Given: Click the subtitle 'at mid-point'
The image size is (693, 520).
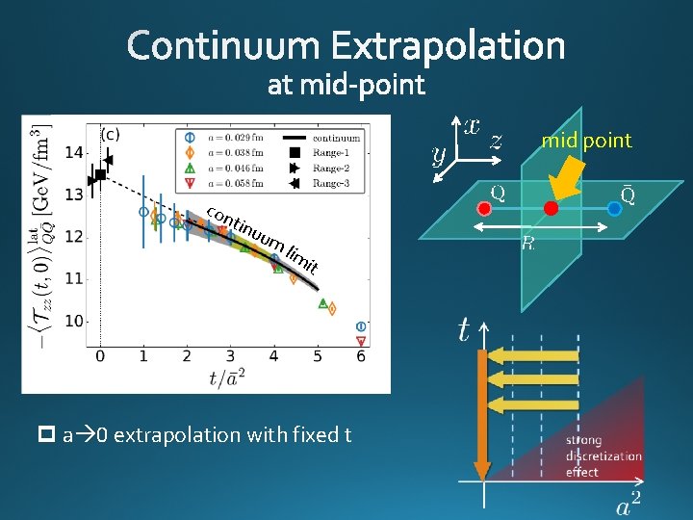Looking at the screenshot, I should pos(346,86).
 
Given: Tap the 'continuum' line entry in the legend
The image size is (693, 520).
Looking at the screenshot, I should pos(328,137).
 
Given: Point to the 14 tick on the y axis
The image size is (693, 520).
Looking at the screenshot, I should pos(74,152).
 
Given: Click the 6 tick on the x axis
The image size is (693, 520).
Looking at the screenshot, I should pos(361,355).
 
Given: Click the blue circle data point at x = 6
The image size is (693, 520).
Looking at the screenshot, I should pos(361,326).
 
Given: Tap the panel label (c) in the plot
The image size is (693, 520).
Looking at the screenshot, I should pos(111,133).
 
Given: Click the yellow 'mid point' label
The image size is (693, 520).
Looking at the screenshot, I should pos(586,141).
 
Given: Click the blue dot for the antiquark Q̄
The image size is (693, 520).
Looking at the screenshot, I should pos(614,208).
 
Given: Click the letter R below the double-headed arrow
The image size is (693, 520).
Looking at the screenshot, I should pos(527,244).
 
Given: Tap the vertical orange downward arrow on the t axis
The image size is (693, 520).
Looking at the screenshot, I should pos(483,404).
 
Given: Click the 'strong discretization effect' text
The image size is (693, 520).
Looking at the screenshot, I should pos(603,456).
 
